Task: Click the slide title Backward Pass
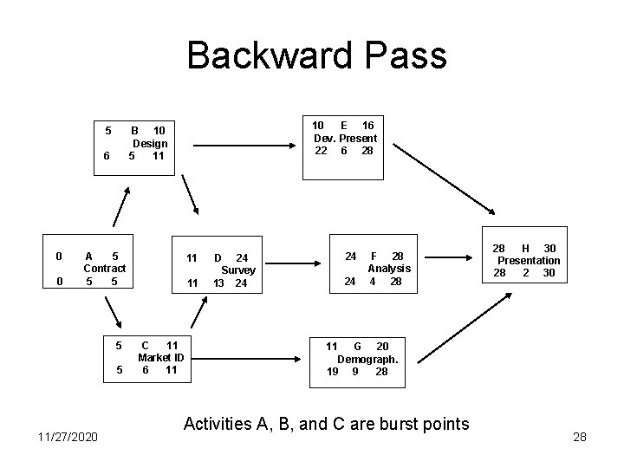316,56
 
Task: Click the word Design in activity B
149,144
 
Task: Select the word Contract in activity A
104,269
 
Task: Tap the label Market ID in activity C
160,358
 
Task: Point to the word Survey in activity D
238,270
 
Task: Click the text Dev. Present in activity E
345,139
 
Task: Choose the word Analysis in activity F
389,269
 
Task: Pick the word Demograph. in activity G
367,359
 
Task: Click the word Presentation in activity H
528,260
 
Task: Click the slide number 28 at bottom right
580,438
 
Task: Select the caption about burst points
326,424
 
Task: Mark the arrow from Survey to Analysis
297,259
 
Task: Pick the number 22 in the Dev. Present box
321,151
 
